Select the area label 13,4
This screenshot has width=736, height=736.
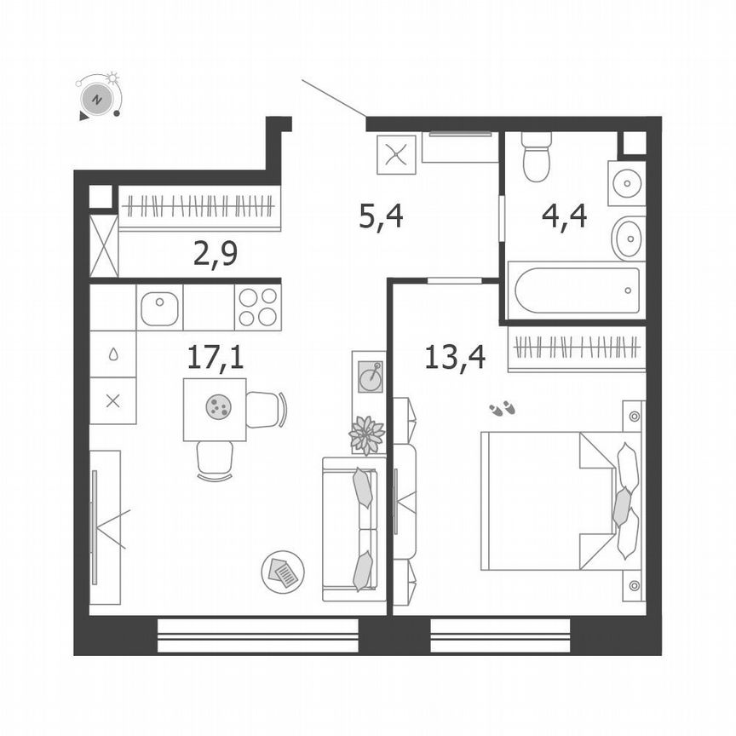click(x=455, y=356)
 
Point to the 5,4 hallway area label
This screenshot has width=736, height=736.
click(x=380, y=217)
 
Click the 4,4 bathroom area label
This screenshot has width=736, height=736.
click(x=564, y=217)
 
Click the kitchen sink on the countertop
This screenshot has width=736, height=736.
click(x=159, y=308)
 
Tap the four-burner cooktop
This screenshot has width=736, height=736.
click(x=257, y=308)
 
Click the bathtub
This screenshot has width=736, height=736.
click(x=576, y=290)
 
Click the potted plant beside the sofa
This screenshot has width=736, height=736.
click(x=367, y=434)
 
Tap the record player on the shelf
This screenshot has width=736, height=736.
click(x=371, y=376)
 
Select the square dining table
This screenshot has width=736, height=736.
click(x=215, y=410)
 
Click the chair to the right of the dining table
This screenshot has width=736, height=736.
click(x=266, y=409)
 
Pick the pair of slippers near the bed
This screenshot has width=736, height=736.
click(x=502, y=409)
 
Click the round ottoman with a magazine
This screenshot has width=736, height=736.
click(x=283, y=572)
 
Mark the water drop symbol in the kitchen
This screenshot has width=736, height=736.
click(x=112, y=356)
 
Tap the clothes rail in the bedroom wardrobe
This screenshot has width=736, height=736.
click(x=576, y=348)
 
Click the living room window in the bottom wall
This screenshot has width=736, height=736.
click(x=257, y=635)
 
